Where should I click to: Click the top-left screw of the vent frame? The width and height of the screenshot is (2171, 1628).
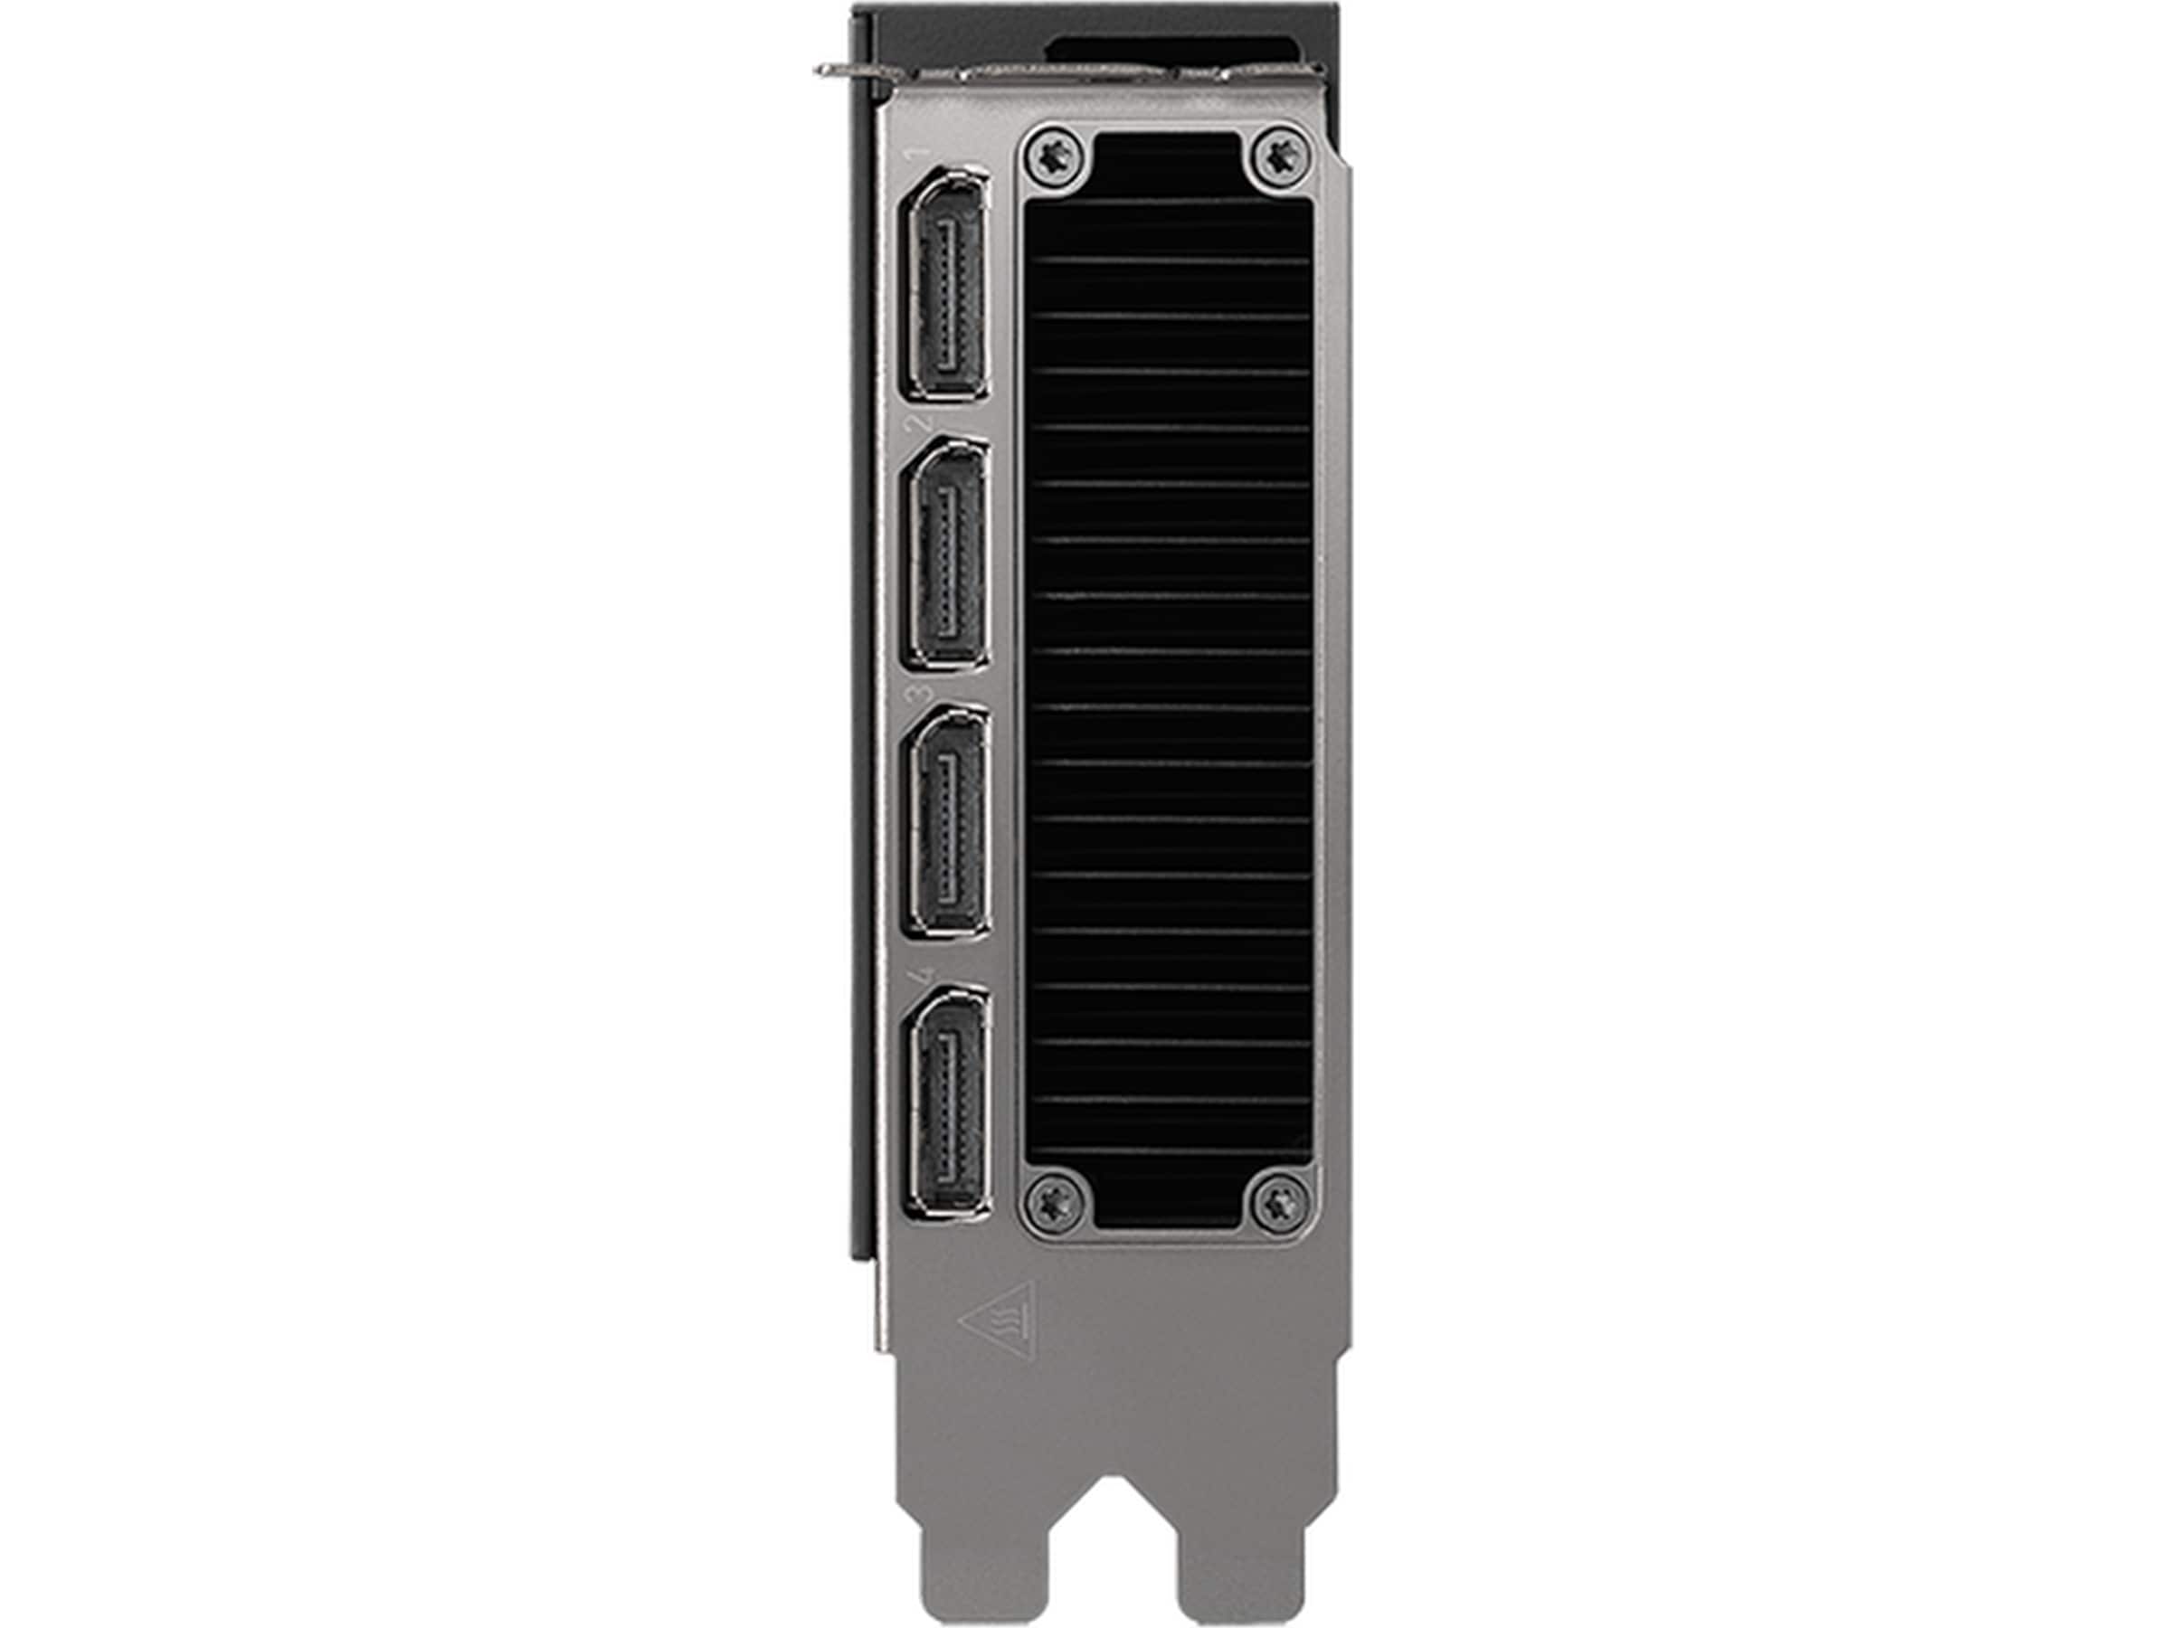(1058, 156)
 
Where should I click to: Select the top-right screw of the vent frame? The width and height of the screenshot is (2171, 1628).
(1281, 156)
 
